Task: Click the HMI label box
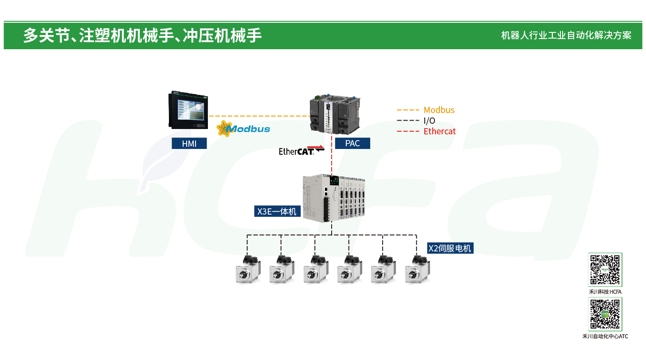189,143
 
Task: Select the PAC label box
352,143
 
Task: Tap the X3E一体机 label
277,211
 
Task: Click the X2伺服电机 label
450,248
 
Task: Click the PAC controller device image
335,114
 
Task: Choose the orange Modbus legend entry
426,110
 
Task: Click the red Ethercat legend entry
426,131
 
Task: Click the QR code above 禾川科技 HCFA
605,270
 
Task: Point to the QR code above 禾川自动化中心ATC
605,314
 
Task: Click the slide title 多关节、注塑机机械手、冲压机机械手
142,35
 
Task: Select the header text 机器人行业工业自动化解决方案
566,35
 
